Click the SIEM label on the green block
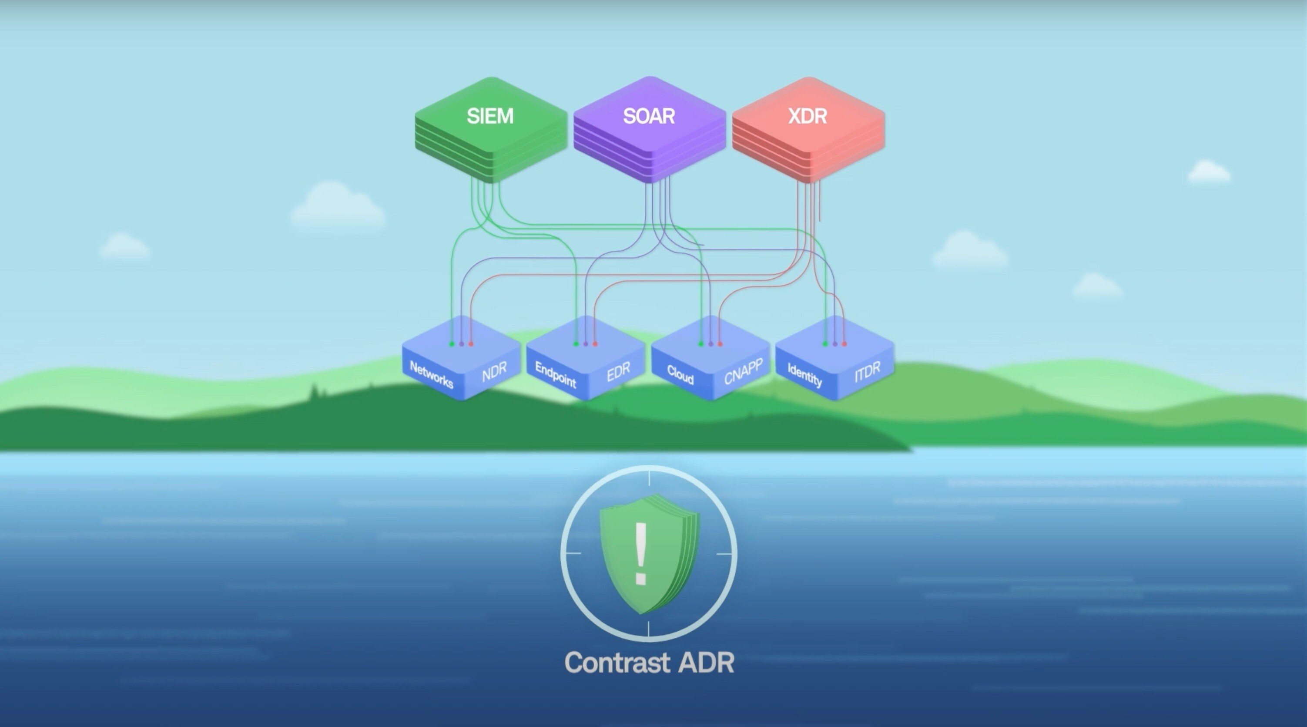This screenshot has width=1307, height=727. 490,116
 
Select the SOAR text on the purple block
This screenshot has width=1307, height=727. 649,116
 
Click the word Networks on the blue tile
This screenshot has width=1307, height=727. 431,375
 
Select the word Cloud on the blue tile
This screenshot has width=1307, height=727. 680,375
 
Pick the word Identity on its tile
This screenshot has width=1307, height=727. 805,375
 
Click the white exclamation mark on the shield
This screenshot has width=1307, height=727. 641,553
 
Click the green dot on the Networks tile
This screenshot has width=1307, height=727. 452,344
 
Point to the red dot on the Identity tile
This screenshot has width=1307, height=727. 844,344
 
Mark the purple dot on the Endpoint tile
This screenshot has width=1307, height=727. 586,344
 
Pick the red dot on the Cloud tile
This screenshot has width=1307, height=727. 720,344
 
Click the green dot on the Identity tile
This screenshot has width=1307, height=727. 825,344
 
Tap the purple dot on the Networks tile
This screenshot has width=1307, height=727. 461,344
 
